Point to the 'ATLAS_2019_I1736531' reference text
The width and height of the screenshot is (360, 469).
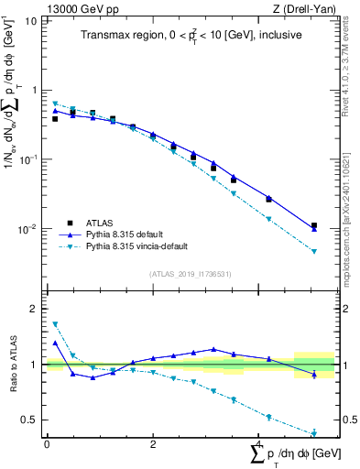point(191,274)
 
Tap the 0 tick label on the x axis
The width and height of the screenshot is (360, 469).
point(47,444)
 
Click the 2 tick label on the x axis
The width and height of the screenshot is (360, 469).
point(152,444)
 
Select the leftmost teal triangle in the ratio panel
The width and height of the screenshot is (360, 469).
point(55,324)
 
